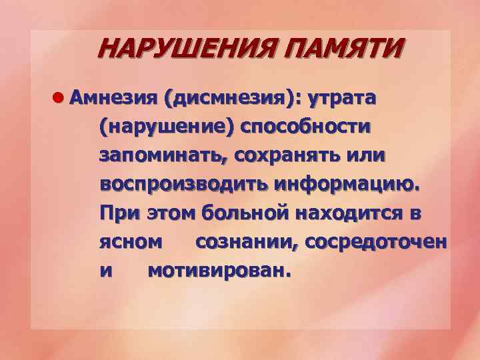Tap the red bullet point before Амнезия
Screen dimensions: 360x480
(58, 99)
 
